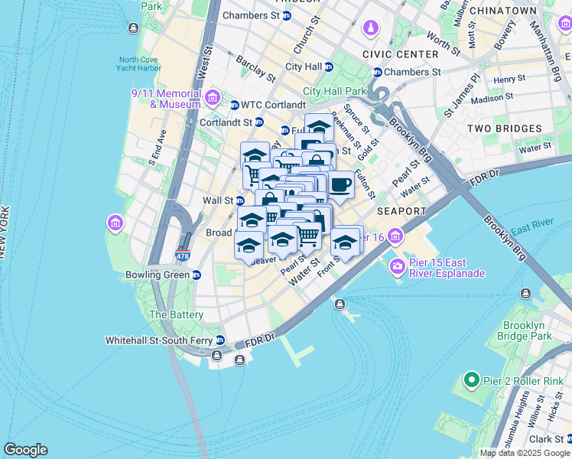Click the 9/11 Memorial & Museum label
[x=166, y=99]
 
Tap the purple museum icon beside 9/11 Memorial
[x=213, y=97]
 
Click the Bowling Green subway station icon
[x=197, y=275]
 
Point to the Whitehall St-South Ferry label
[x=158, y=340]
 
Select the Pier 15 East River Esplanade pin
[x=398, y=266]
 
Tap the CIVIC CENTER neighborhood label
[x=401, y=54]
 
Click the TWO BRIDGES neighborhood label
[x=504, y=129]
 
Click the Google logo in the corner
[x=25, y=450]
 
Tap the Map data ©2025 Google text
[x=524, y=453]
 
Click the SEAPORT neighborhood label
[x=401, y=210]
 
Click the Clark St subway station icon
[x=568, y=439]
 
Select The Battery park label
[x=177, y=314]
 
